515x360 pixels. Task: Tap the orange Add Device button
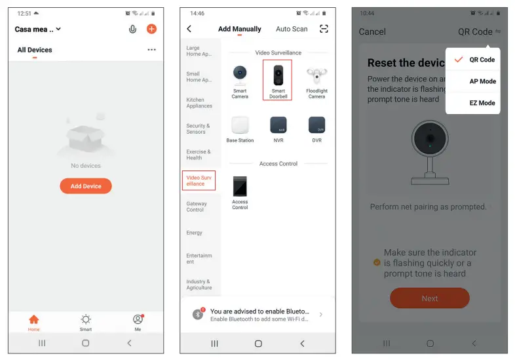86,186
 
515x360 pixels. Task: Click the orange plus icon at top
151,29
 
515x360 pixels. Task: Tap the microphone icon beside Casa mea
133,29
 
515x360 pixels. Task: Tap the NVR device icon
278,125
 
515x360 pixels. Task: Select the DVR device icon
316,125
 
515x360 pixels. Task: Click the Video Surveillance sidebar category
199,180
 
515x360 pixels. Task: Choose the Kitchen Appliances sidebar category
199,103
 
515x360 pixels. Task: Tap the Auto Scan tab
292,29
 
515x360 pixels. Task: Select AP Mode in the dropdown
482,81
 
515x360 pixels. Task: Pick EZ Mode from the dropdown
482,103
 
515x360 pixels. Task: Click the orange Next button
430,298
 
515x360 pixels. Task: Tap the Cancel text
372,31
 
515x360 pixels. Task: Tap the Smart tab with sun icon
86,321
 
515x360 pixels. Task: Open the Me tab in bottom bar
138,321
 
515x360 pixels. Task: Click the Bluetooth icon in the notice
198,315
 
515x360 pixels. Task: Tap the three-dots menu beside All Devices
152,50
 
